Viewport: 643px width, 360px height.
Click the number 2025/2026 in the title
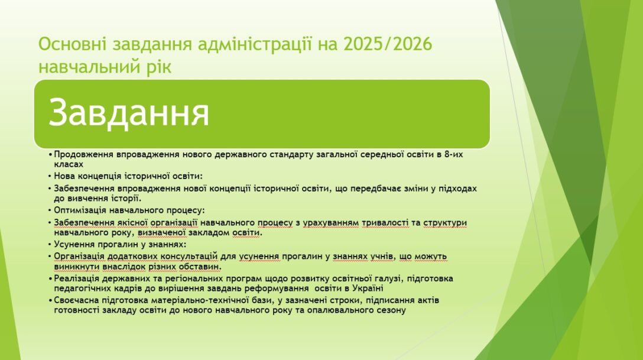click(x=388, y=44)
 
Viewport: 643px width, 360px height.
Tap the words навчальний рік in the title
click(x=105, y=66)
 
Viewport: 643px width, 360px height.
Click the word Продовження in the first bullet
click(x=84, y=155)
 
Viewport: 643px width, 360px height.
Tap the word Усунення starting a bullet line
click(x=72, y=244)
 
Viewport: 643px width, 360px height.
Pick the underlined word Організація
click(x=80, y=257)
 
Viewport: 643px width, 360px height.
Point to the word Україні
click(x=366, y=288)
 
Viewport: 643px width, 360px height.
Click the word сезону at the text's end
click(x=391, y=310)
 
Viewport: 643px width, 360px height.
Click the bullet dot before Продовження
click(x=50, y=155)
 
